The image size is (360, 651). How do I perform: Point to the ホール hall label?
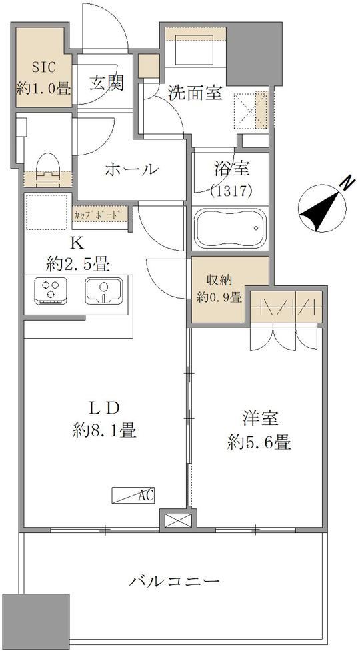132,169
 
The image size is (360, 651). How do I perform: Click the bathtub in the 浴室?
231,229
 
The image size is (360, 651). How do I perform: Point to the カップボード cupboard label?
99,215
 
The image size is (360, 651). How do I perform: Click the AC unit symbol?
133,495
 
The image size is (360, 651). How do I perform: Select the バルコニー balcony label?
173,580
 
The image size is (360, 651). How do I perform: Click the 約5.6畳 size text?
259,442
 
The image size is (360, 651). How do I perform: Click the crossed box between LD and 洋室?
178,520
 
